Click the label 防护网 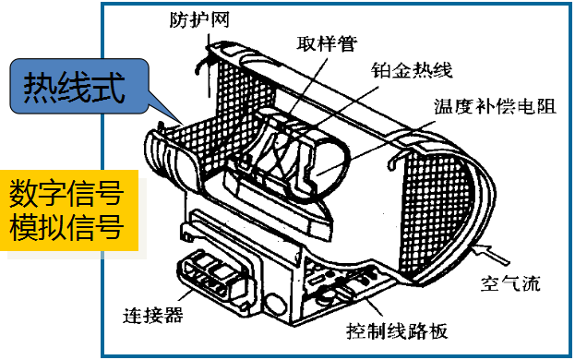tap(199, 19)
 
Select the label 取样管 tap(327, 43)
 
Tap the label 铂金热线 tap(412, 70)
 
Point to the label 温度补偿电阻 tap(495, 106)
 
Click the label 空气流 tap(510, 283)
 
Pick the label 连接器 tap(153, 316)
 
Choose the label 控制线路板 tap(397, 331)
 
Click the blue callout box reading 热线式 tap(78, 86)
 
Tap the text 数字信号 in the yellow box tap(66, 194)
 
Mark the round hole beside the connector tap(276, 304)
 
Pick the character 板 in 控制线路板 tap(438, 331)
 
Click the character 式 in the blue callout tap(109, 88)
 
